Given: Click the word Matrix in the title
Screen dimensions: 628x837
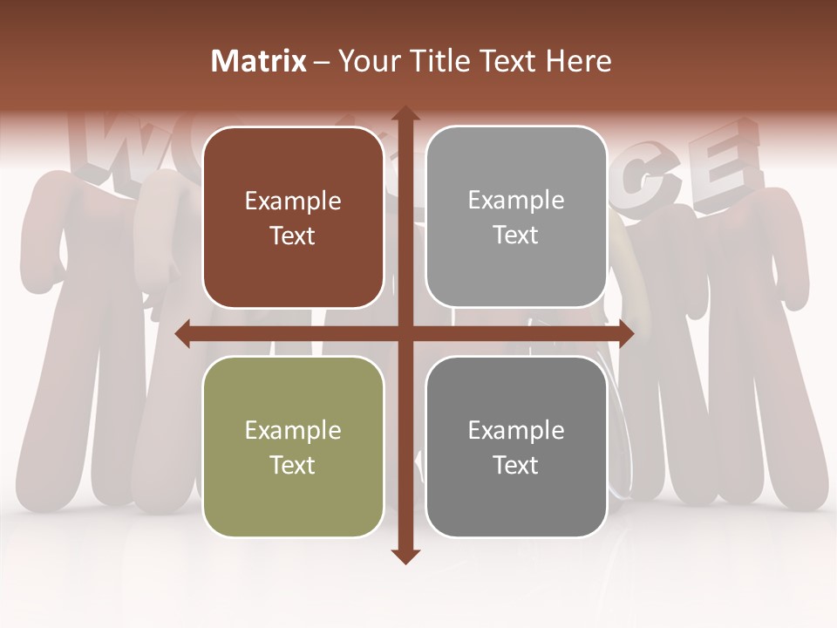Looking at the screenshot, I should point(259,61).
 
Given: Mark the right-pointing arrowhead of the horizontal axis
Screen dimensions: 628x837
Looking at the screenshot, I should point(625,333).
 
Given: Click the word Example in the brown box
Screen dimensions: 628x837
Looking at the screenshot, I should point(293,201).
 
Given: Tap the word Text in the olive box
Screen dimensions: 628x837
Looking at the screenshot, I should point(293,465).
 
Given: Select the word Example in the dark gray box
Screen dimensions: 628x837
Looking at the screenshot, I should point(516,430).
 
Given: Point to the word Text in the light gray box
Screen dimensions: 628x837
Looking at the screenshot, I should point(516,235).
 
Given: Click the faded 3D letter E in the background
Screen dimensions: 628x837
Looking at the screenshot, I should point(724,166).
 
